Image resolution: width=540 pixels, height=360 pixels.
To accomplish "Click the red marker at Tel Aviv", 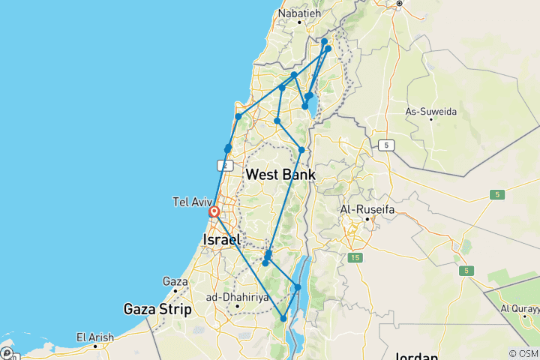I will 214,212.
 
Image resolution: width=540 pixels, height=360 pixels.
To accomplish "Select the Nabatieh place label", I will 299,13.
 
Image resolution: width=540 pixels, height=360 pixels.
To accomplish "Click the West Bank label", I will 280,175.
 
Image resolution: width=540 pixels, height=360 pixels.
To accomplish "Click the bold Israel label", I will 221,240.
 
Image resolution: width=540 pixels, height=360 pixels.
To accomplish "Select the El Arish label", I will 95,337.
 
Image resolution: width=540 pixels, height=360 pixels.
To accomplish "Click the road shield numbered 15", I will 355,258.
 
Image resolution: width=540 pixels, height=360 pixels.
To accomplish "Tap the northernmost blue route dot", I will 324,42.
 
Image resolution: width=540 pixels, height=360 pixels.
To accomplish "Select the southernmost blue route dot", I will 283,319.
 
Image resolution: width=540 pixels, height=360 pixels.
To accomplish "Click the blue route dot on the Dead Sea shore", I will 298,287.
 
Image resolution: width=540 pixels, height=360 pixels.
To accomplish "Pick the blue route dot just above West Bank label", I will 301,150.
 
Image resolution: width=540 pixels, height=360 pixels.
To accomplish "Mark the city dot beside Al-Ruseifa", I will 367,219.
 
